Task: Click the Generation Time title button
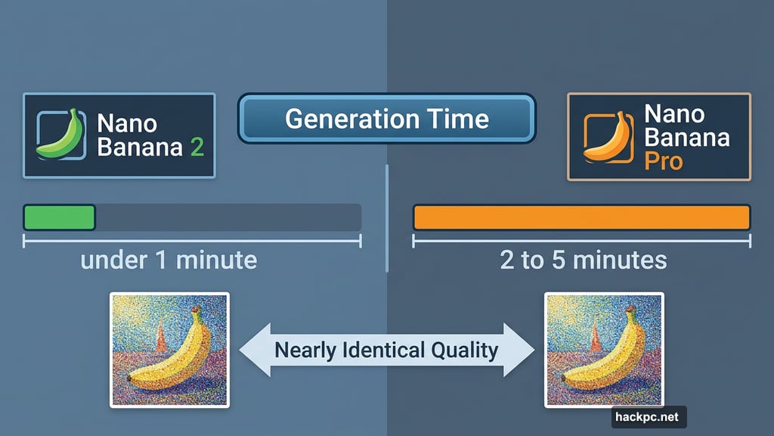pyautogui.click(x=386, y=119)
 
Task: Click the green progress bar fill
pyautogui.click(x=60, y=217)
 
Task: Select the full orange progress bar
pyautogui.click(x=581, y=217)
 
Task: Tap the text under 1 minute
pyautogui.click(x=169, y=260)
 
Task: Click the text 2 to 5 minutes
pyautogui.click(x=583, y=260)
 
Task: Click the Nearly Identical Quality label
pyautogui.click(x=386, y=350)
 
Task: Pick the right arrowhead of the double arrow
pyautogui.click(x=520, y=350)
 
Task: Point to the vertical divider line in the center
pyautogui.click(x=386, y=220)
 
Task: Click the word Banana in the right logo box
pyautogui.click(x=687, y=137)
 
